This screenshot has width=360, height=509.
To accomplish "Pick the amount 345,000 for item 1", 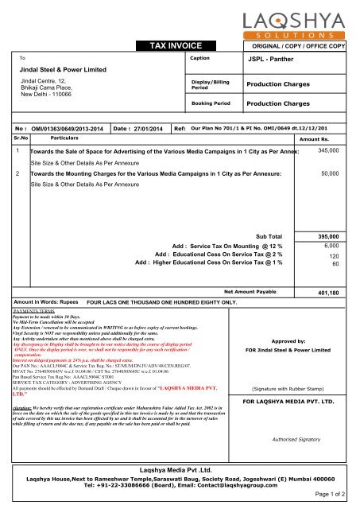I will [333, 150].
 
